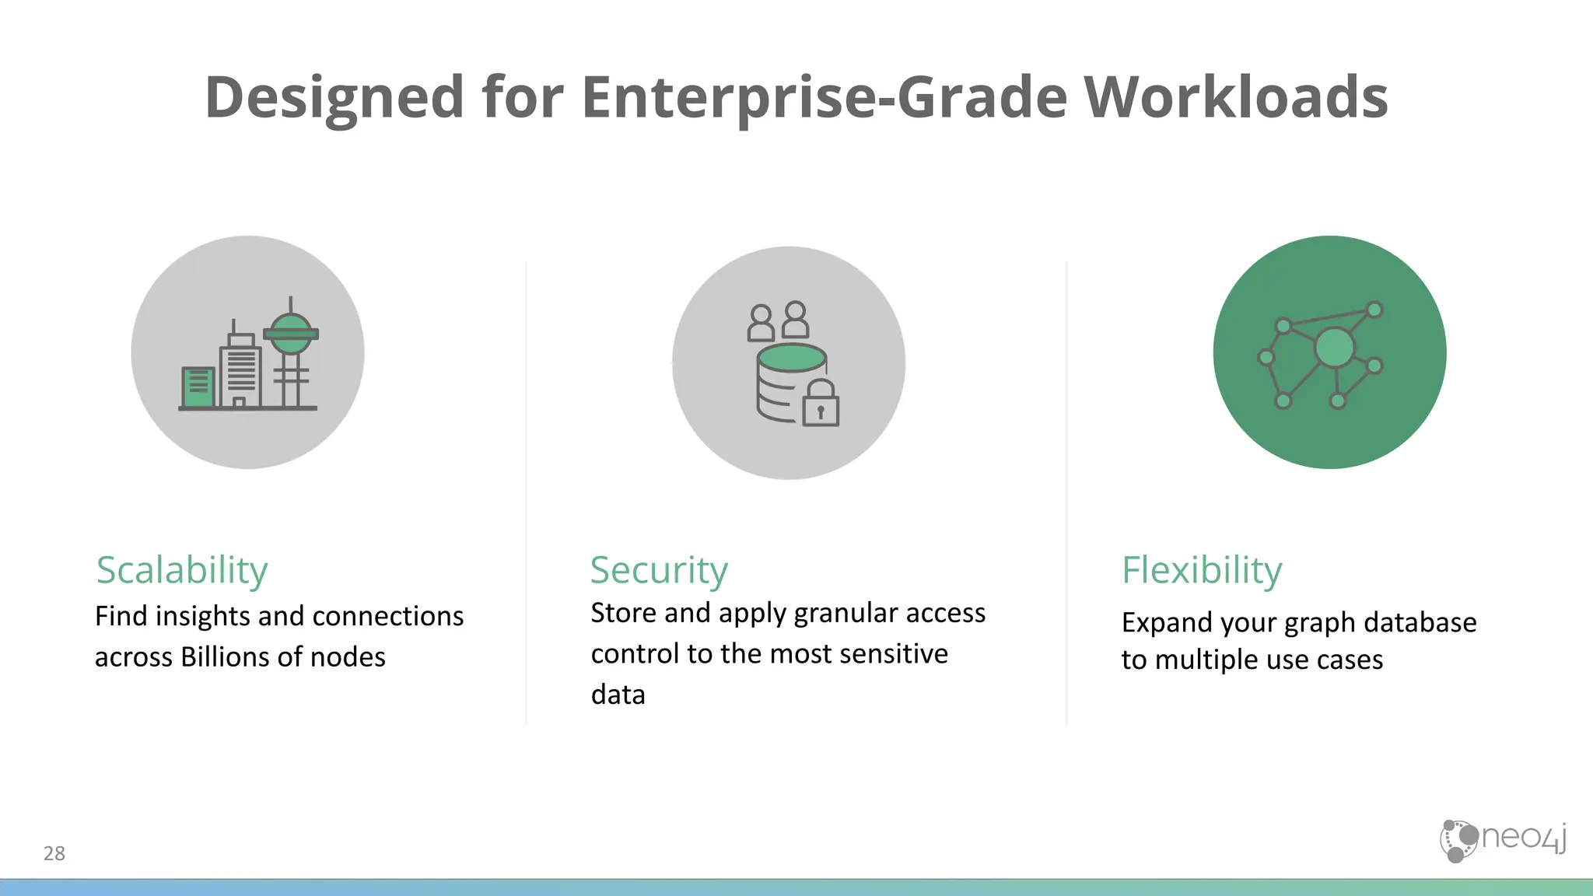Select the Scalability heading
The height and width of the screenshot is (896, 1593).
point(182,570)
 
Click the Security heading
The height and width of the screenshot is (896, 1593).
point(659,570)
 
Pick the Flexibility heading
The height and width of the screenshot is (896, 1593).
point(1202,570)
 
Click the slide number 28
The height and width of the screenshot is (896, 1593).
point(54,853)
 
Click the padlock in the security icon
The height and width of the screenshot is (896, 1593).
point(821,404)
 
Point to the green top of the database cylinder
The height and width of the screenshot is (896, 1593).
point(792,358)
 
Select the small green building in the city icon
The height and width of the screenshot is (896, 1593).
point(198,387)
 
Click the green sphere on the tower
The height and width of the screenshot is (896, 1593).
point(290,333)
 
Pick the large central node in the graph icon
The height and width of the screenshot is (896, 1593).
point(1334,348)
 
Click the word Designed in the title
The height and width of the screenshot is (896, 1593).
point(334,97)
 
